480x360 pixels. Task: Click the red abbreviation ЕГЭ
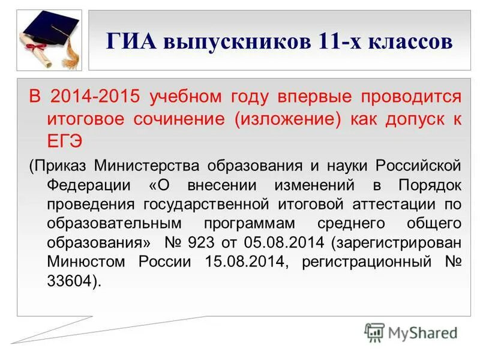pyautogui.click(x=64, y=141)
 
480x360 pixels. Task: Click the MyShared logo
pyautogui.click(x=411, y=332)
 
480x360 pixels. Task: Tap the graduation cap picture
pyautogui.click(x=50, y=39)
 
